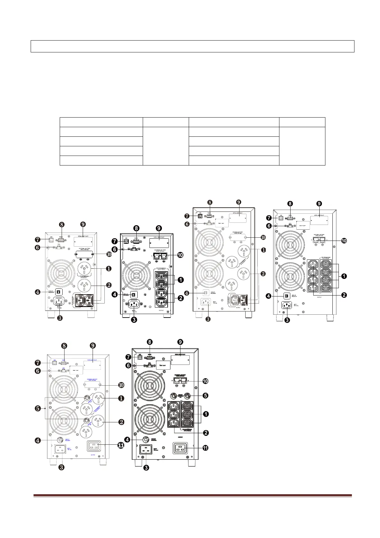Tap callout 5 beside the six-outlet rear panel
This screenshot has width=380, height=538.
coord(206,396)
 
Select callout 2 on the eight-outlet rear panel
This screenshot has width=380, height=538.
coord(344,295)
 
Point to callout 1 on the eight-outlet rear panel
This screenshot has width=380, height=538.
coord(344,276)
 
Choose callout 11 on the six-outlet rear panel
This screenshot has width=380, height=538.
coord(205,448)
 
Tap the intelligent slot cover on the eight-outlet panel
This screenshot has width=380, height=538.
coord(319,220)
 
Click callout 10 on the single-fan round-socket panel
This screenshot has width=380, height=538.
coord(109,254)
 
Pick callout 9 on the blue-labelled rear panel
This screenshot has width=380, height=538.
coord(93,345)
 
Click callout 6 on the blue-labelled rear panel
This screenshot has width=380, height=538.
coord(38,371)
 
